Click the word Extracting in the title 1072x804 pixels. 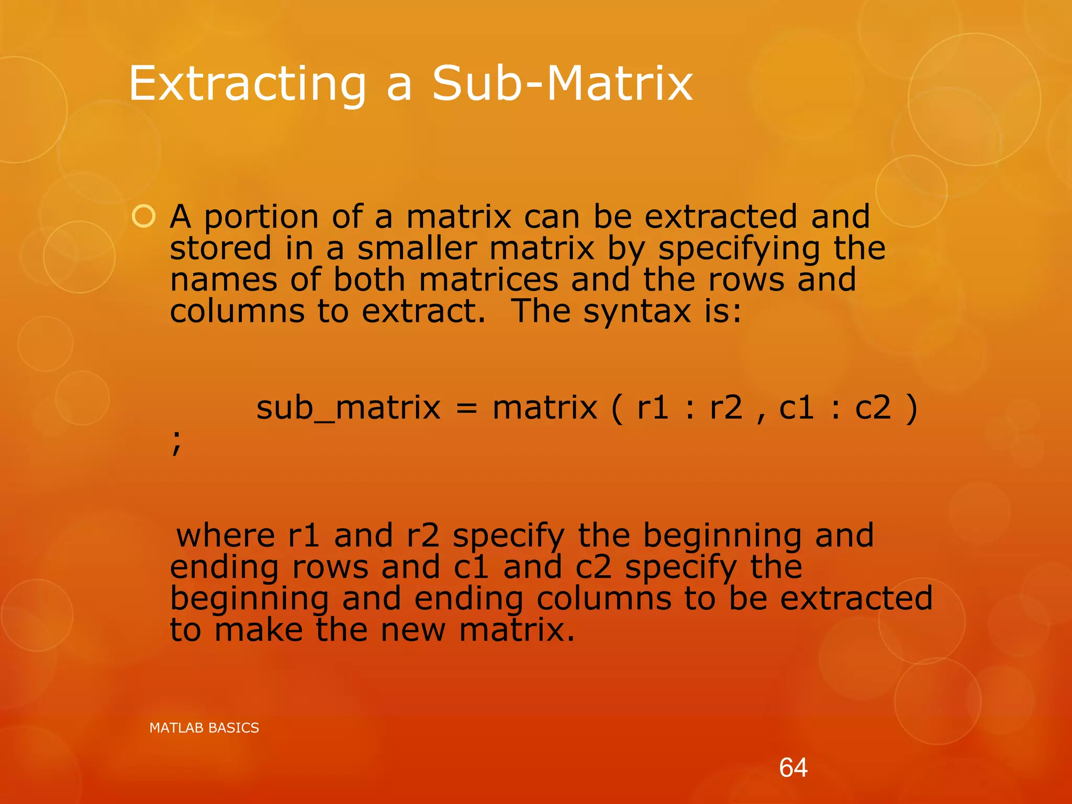pyautogui.click(x=247, y=84)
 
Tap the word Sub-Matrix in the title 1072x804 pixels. pyautogui.click(x=562, y=84)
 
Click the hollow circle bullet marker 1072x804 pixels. pyautogui.click(x=143, y=217)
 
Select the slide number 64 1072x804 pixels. pyautogui.click(x=793, y=768)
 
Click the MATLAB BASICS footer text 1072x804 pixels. pyautogui.click(x=204, y=728)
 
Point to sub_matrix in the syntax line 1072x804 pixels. pyautogui.click(x=348, y=408)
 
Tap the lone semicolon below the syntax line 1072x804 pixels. pyautogui.click(x=176, y=443)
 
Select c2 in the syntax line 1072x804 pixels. pyautogui.click(x=873, y=408)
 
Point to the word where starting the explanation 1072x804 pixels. pyautogui.click(x=226, y=536)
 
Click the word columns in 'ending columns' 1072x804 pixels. pyautogui.click(x=604, y=598)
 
